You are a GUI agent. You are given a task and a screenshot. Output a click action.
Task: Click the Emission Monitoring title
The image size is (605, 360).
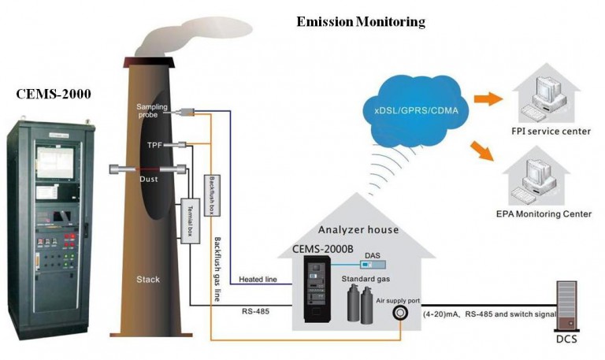click(x=360, y=22)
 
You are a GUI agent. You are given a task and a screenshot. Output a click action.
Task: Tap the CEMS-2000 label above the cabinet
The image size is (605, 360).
click(x=54, y=94)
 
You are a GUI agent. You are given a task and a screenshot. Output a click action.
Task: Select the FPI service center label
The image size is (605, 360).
click(x=551, y=131)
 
